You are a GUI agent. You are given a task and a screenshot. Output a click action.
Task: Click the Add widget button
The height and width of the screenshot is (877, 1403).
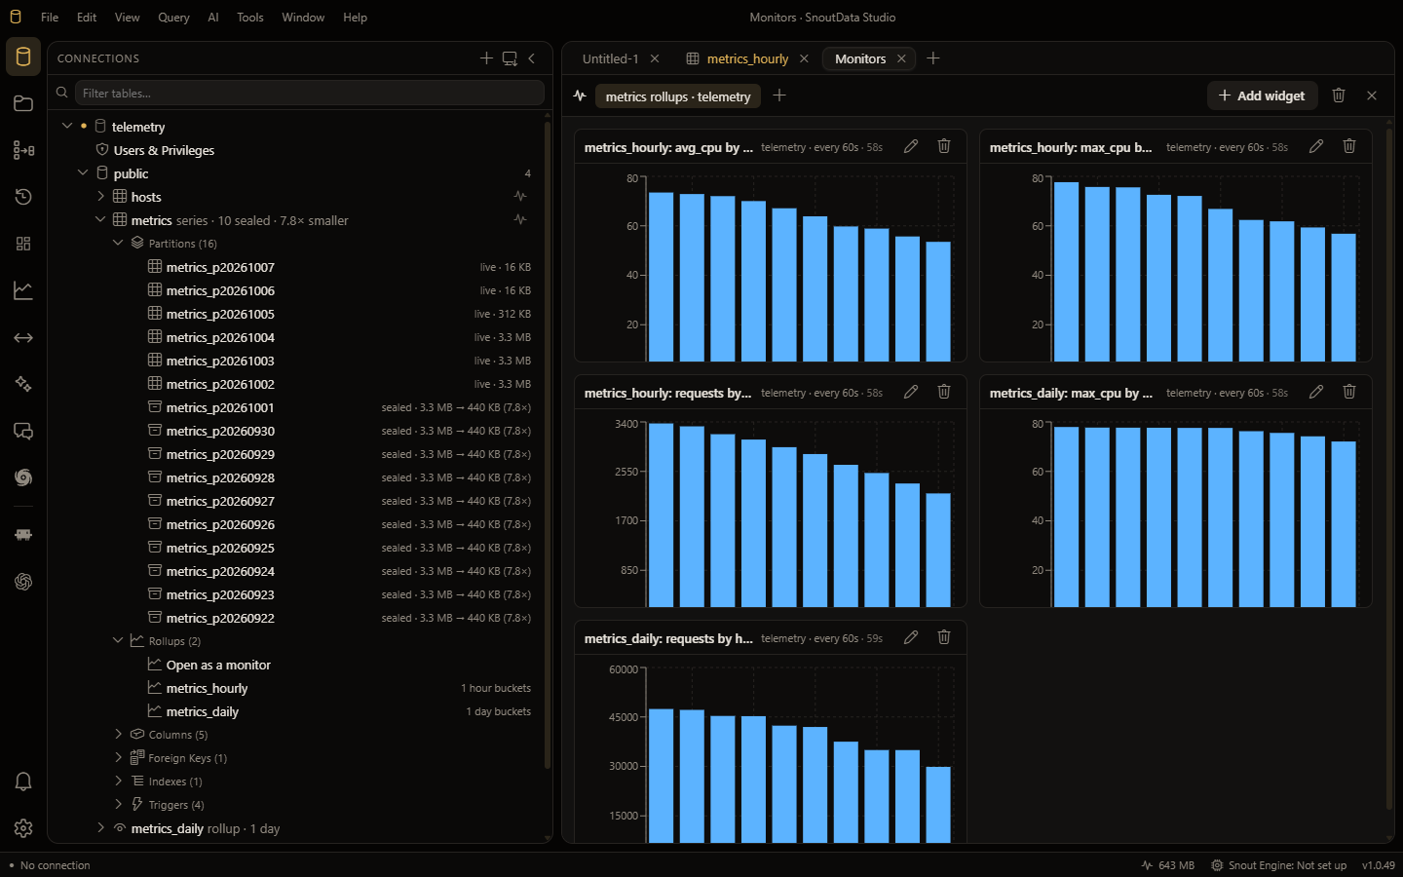tap(1262, 95)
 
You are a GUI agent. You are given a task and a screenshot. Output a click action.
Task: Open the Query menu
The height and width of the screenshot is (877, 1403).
tap(173, 18)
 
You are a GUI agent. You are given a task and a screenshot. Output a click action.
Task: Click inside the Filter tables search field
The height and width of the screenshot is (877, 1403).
tap(310, 94)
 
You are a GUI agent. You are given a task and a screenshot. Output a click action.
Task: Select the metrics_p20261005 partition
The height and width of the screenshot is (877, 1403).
tap(220, 314)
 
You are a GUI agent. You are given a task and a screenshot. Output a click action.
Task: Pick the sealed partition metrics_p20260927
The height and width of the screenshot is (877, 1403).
tap(220, 501)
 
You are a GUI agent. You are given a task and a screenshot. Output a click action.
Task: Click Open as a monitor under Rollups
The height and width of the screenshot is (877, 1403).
tap(218, 665)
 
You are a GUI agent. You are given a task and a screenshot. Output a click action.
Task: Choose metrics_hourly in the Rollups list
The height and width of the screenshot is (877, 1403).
tap(207, 688)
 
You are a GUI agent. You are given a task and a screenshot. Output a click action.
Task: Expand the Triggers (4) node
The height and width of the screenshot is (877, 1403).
tap(119, 804)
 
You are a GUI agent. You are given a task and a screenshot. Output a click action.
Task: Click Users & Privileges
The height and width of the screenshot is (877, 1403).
tap(164, 150)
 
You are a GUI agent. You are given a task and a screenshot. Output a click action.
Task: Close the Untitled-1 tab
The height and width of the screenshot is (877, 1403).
tap(655, 58)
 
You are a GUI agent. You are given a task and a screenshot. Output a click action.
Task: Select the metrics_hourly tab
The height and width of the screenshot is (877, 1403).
tap(747, 58)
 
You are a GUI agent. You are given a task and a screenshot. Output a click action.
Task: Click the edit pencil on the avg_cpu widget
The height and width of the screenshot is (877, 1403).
tap(911, 146)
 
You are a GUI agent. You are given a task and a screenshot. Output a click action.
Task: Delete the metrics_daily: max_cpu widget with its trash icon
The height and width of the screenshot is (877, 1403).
tap(1349, 392)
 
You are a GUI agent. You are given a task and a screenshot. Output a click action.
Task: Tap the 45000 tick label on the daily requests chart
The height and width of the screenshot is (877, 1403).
tap(624, 717)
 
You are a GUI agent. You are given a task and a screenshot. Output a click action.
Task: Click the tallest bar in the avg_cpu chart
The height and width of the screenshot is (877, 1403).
tap(661, 277)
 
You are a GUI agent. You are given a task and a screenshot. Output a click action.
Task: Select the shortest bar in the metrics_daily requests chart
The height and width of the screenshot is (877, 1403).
tap(937, 804)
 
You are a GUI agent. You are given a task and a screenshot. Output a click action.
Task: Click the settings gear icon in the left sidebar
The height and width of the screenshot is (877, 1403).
tap(23, 828)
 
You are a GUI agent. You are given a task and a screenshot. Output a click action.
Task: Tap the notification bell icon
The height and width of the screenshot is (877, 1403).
tap(23, 782)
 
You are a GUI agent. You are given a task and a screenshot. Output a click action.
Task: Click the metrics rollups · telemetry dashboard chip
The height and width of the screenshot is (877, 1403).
tap(678, 96)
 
